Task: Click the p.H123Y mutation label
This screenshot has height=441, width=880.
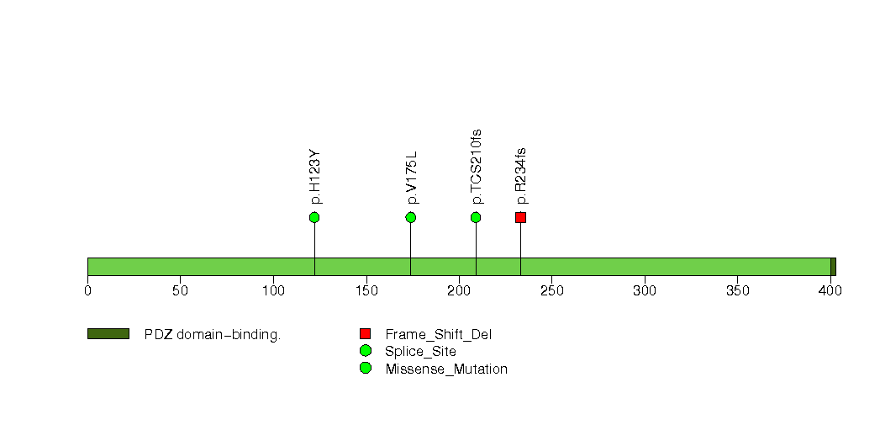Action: click(x=315, y=176)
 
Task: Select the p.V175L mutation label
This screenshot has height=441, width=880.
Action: click(x=411, y=177)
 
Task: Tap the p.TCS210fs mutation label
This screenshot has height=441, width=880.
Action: click(x=477, y=167)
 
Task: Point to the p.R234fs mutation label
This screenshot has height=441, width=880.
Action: click(x=521, y=175)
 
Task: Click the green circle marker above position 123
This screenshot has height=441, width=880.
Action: click(x=314, y=217)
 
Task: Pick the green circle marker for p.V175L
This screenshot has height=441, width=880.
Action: click(x=411, y=217)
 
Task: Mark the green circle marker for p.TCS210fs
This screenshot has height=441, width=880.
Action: click(x=476, y=217)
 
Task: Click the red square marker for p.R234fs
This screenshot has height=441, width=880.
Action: click(x=521, y=217)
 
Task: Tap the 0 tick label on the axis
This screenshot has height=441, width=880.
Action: click(x=87, y=290)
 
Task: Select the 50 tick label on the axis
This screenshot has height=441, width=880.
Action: click(x=180, y=290)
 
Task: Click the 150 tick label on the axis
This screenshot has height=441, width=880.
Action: click(x=366, y=290)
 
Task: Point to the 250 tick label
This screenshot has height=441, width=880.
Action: click(x=551, y=290)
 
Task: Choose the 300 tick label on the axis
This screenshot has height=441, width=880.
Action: click(x=645, y=290)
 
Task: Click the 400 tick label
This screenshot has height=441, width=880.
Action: click(x=831, y=290)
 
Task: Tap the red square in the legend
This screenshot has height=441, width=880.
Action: click(x=366, y=334)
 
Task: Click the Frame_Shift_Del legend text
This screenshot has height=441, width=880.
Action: click(x=438, y=335)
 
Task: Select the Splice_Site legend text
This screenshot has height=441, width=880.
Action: click(x=420, y=352)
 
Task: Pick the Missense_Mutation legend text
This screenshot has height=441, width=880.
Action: click(x=446, y=369)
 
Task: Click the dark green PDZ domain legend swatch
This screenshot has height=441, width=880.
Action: click(x=108, y=334)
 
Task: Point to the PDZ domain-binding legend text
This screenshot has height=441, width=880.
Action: click(x=213, y=335)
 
